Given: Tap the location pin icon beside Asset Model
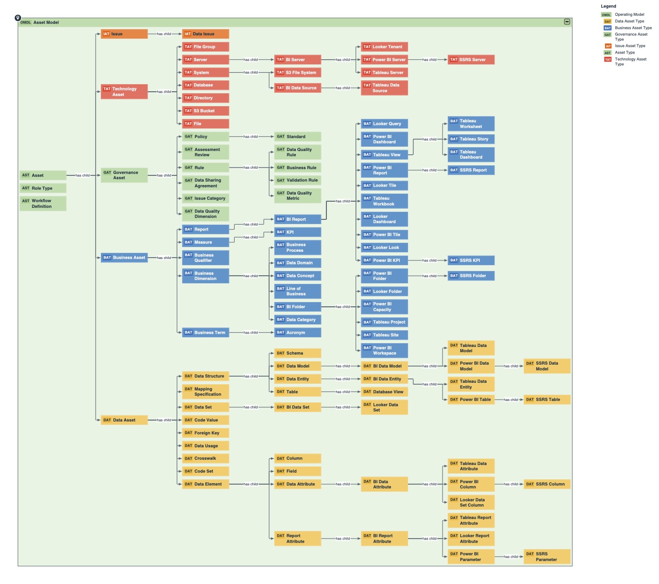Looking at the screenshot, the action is pos(18,18).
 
